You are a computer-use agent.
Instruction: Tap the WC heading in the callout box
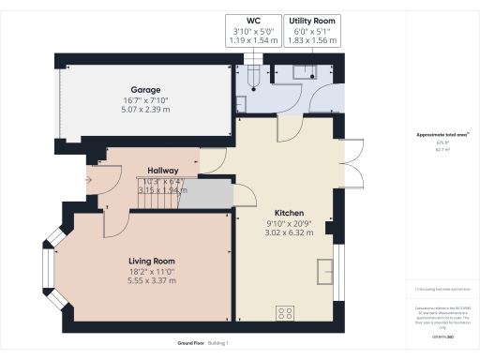(253, 20)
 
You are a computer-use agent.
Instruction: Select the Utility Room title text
(313, 20)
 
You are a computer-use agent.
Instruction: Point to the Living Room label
(152, 260)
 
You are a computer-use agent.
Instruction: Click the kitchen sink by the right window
(326, 269)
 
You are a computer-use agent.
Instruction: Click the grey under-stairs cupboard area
(205, 194)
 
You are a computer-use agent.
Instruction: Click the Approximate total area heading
(442, 135)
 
